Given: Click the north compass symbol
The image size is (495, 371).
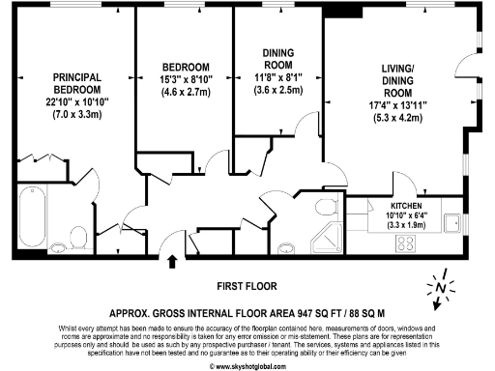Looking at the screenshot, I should click(x=440, y=289).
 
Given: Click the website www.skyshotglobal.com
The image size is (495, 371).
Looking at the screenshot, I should click(x=247, y=366).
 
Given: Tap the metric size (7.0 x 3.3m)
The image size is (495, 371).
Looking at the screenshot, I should click(x=76, y=115).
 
